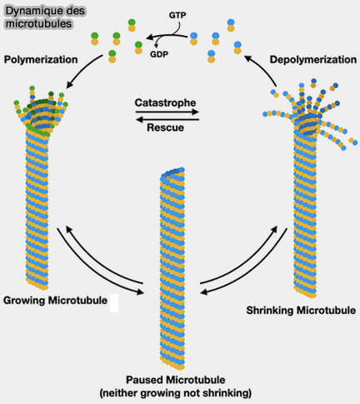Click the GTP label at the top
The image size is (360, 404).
pyautogui.click(x=177, y=16)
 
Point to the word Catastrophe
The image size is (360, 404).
pyautogui.click(x=165, y=104)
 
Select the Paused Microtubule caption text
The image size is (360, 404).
pyautogui.click(x=179, y=379)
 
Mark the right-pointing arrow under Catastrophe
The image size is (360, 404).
pyautogui.click(x=166, y=113)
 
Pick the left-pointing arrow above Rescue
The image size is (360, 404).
pyautogui.click(x=166, y=120)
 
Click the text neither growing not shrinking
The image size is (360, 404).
pyautogui.click(x=179, y=392)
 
